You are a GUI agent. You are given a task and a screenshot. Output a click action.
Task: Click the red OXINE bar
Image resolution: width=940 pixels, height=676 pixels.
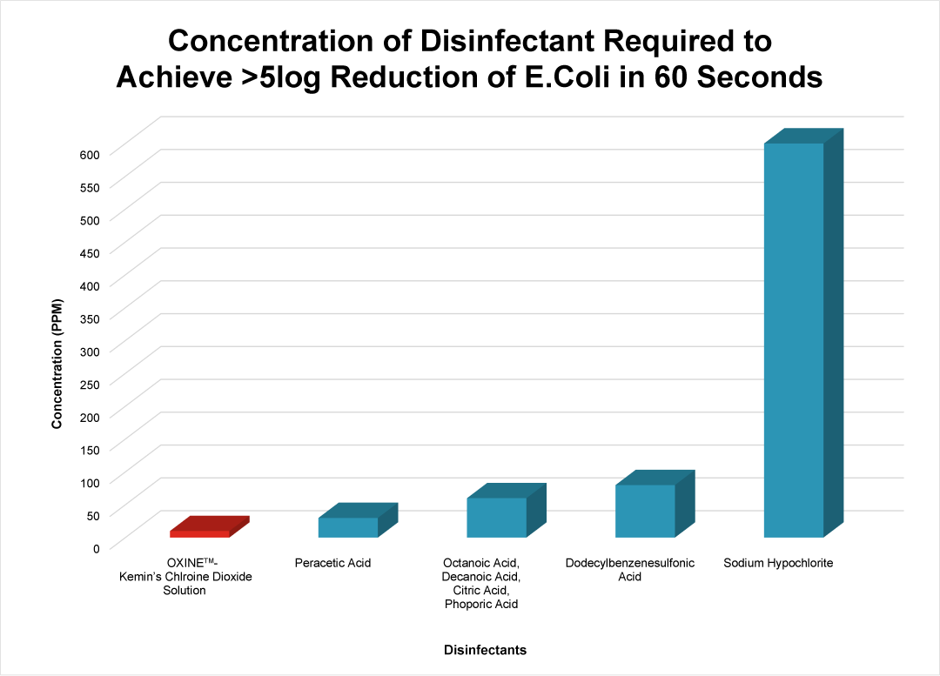pyautogui.click(x=200, y=533)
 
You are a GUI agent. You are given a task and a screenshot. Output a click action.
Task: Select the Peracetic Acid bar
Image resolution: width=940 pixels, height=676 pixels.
pyautogui.click(x=348, y=527)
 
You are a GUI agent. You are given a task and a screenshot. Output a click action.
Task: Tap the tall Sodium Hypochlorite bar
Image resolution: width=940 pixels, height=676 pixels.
pyautogui.click(x=794, y=339)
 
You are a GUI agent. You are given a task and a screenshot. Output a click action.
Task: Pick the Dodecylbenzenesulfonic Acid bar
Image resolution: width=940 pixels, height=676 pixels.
pyautogui.click(x=645, y=511)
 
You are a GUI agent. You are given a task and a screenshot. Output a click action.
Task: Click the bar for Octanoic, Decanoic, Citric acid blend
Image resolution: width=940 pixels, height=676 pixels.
pyautogui.click(x=497, y=517)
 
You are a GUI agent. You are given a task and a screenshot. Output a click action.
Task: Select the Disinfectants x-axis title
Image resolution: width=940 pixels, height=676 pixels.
pyautogui.click(x=485, y=650)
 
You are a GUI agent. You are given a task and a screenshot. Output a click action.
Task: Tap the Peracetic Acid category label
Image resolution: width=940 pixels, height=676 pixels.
pyautogui.click(x=332, y=563)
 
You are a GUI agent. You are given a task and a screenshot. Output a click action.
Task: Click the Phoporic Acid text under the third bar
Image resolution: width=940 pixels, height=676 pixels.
pyautogui.click(x=481, y=604)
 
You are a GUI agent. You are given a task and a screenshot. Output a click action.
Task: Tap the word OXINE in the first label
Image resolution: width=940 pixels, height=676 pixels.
pyautogui.click(x=185, y=563)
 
